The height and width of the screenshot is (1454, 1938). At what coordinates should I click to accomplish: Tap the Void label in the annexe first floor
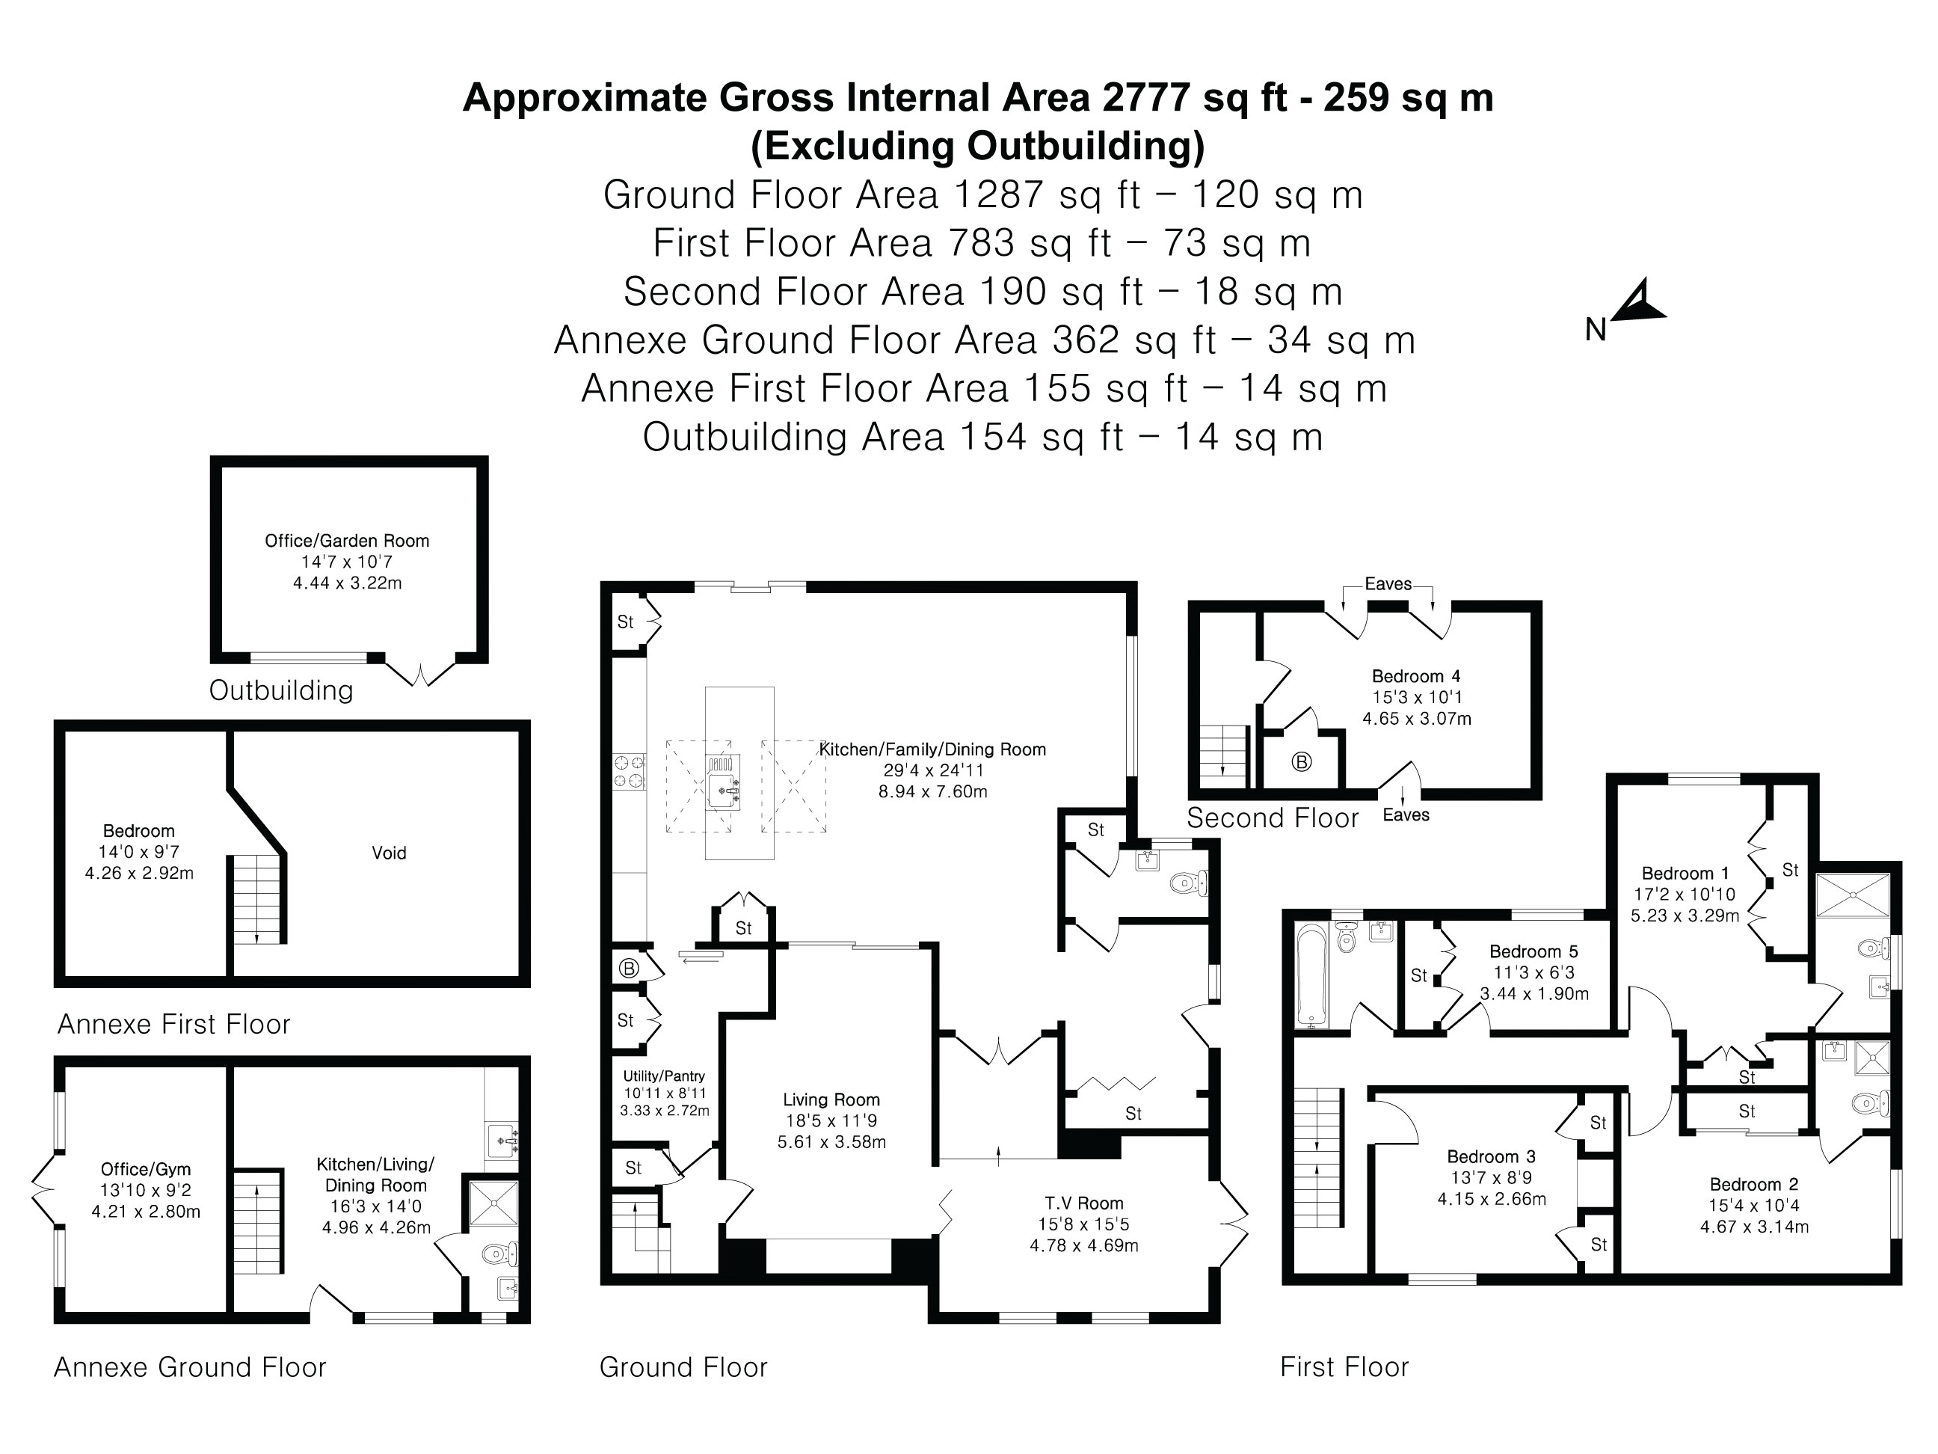click(x=388, y=853)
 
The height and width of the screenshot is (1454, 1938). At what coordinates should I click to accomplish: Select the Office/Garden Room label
click(x=347, y=541)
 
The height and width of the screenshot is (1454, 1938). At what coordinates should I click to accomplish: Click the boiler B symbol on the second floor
click(x=1301, y=761)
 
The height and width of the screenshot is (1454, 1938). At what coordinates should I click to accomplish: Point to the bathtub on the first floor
click(x=1311, y=974)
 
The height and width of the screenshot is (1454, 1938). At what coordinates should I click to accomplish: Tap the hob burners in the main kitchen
click(x=627, y=772)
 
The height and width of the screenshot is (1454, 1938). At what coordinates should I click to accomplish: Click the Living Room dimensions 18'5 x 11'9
click(x=831, y=1121)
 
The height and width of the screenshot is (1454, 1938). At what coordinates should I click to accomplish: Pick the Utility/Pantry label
click(x=663, y=1076)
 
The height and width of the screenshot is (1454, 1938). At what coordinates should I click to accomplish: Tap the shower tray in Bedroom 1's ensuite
click(x=1851, y=895)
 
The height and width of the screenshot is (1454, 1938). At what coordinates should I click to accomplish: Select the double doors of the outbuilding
click(x=420, y=674)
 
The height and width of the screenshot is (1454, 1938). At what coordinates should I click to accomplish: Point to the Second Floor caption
click(x=1272, y=818)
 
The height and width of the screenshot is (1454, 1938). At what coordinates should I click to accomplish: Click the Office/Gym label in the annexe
click(x=146, y=1169)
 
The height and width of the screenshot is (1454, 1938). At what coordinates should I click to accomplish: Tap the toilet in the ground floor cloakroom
click(x=1187, y=883)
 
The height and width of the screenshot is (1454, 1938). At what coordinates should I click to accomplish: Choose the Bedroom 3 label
click(x=1491, y=1157)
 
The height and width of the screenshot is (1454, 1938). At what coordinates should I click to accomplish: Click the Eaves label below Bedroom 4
click(x=1406, y=815)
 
